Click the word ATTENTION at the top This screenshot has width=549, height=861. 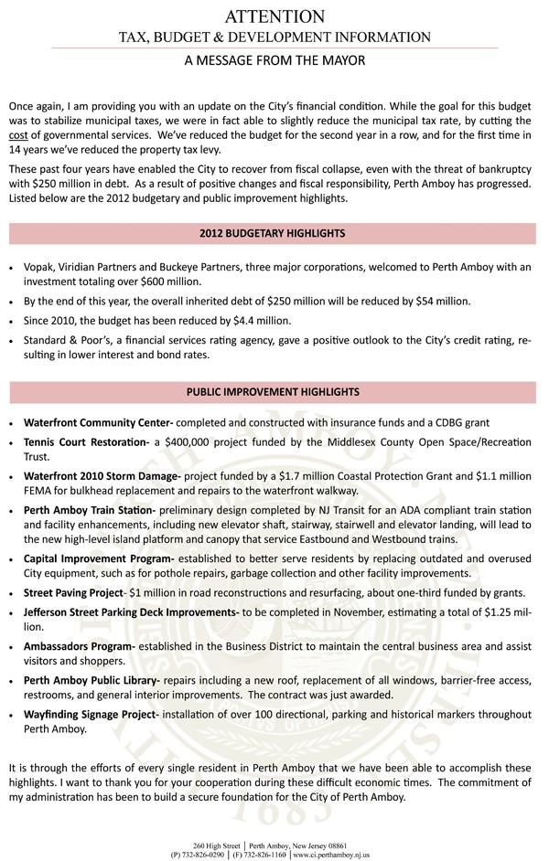click(x=274, y=16)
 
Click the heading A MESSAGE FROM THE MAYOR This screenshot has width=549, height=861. click(x=274, y=59)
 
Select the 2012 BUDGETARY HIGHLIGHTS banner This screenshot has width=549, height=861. click(x=272, y=234)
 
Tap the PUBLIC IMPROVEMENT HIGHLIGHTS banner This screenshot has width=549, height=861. click(x=272, y=392)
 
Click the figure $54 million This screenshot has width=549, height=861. click(x=443, y=301)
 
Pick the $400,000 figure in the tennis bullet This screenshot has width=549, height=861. click(x=191, y=442)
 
